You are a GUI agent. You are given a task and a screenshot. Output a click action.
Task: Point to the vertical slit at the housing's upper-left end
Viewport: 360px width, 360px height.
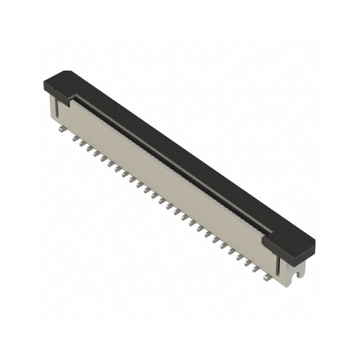(x=57, y=108)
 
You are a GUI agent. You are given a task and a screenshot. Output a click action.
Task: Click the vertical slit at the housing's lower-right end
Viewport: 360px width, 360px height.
(x=279, y=266)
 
